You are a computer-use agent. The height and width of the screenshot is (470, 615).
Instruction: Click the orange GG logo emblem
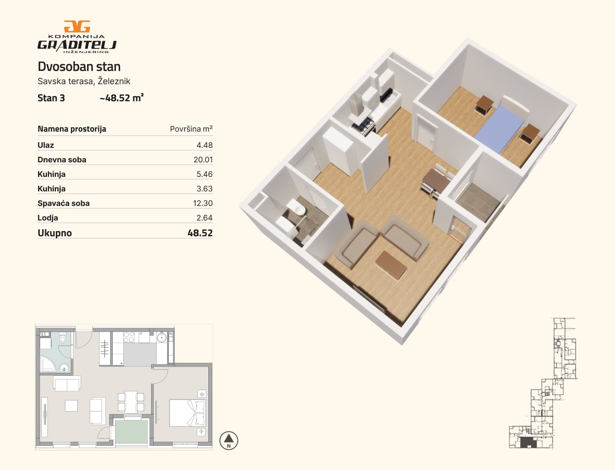pos(77,26)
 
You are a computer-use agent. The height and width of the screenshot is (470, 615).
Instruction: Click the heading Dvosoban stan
pos(79,67)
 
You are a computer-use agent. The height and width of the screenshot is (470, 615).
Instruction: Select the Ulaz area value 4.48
pos(205,145)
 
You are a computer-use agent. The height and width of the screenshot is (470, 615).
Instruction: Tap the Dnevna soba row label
pos(62,160)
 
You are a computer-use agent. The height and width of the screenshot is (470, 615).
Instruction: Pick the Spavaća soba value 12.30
pos(203,203)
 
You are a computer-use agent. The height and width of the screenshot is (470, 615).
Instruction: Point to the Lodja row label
pos(48,218)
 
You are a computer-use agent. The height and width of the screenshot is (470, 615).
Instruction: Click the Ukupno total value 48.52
pos(200,233)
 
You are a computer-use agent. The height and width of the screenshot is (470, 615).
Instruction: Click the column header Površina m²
pos(191,129)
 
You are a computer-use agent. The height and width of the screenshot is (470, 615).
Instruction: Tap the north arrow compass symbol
pos(228,441)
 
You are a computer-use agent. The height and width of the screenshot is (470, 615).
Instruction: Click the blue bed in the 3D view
pos(500,129)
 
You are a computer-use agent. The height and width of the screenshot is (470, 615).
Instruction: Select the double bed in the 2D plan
pos(187,413)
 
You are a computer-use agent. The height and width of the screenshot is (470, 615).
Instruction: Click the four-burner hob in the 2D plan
pos(129,337)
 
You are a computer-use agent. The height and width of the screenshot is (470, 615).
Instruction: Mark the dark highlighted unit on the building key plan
pos(528,443)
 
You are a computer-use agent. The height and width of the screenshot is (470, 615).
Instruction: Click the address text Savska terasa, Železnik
pos(84,81)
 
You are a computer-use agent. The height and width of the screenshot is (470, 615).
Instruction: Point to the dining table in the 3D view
pos(436,181)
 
